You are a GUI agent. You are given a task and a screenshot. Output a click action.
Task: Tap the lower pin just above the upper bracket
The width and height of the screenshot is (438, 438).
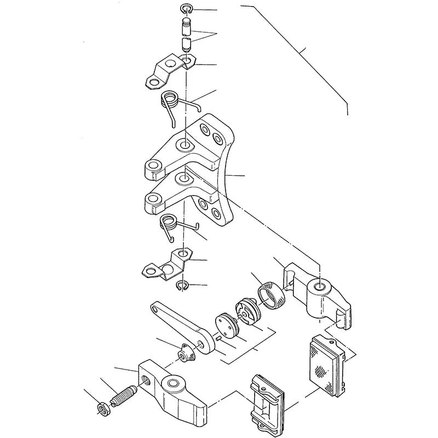tap(186, 43)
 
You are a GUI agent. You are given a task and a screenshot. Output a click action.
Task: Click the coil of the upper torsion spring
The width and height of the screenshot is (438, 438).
tap(170, 100)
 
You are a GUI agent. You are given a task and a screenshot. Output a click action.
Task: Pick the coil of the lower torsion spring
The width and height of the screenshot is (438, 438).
tap(168, 223)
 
